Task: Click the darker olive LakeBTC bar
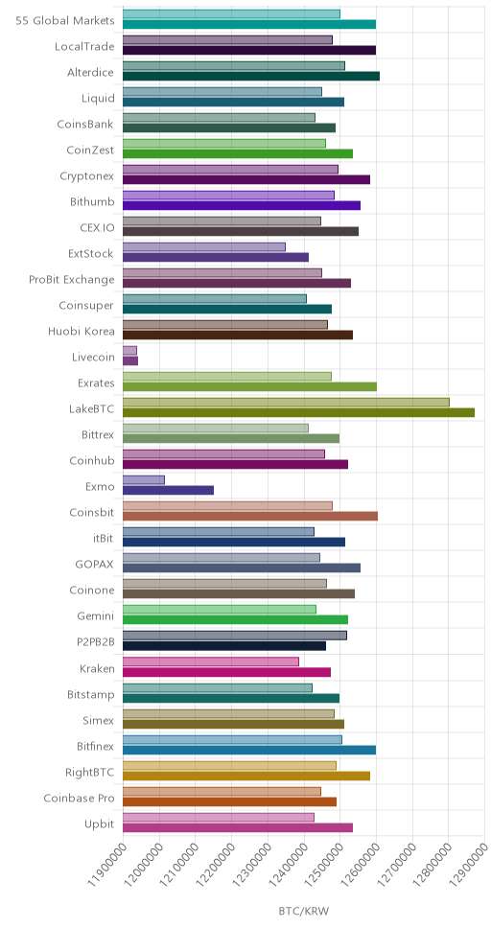tap(298, 412)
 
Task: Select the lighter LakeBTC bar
tap(286, 403)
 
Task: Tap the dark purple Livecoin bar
tap(130, 360)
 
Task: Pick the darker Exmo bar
tap(168, 490)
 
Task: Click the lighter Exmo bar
tap(144, 480)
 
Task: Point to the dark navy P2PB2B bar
tap(224, 646)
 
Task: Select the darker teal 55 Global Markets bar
tap(249, 24)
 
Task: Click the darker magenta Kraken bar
tap(227, 672)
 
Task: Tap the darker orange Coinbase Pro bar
tap(230, 802)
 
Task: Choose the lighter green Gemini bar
tap(220, 610)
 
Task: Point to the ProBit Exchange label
tap(72, 279)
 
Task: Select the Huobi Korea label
tap(82, 332)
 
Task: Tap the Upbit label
tap(100, 824)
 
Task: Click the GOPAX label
tap(97, 565)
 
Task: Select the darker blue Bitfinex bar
tap(249, 750)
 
